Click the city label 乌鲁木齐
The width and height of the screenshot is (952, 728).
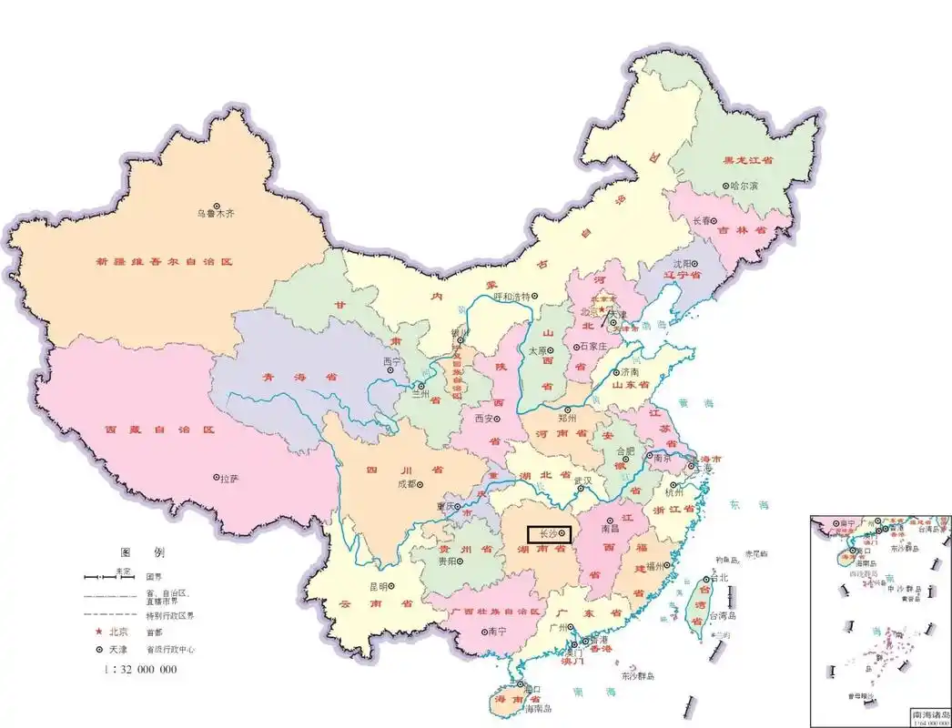217,215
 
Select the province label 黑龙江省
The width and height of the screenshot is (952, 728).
748,159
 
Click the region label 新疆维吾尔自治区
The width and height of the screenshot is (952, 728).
164,261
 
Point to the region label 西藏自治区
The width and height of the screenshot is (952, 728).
158,429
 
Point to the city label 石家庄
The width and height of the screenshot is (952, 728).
596,347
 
